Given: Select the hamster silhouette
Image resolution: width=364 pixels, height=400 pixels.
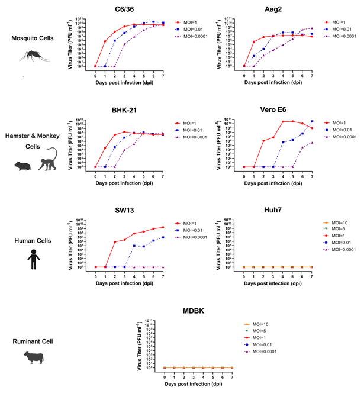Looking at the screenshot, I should click(x=25, y=166).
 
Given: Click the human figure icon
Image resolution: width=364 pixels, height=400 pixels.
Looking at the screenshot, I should click(x=34, y=259).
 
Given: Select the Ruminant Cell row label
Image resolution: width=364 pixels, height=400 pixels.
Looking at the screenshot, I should click(x=34, y=341).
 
